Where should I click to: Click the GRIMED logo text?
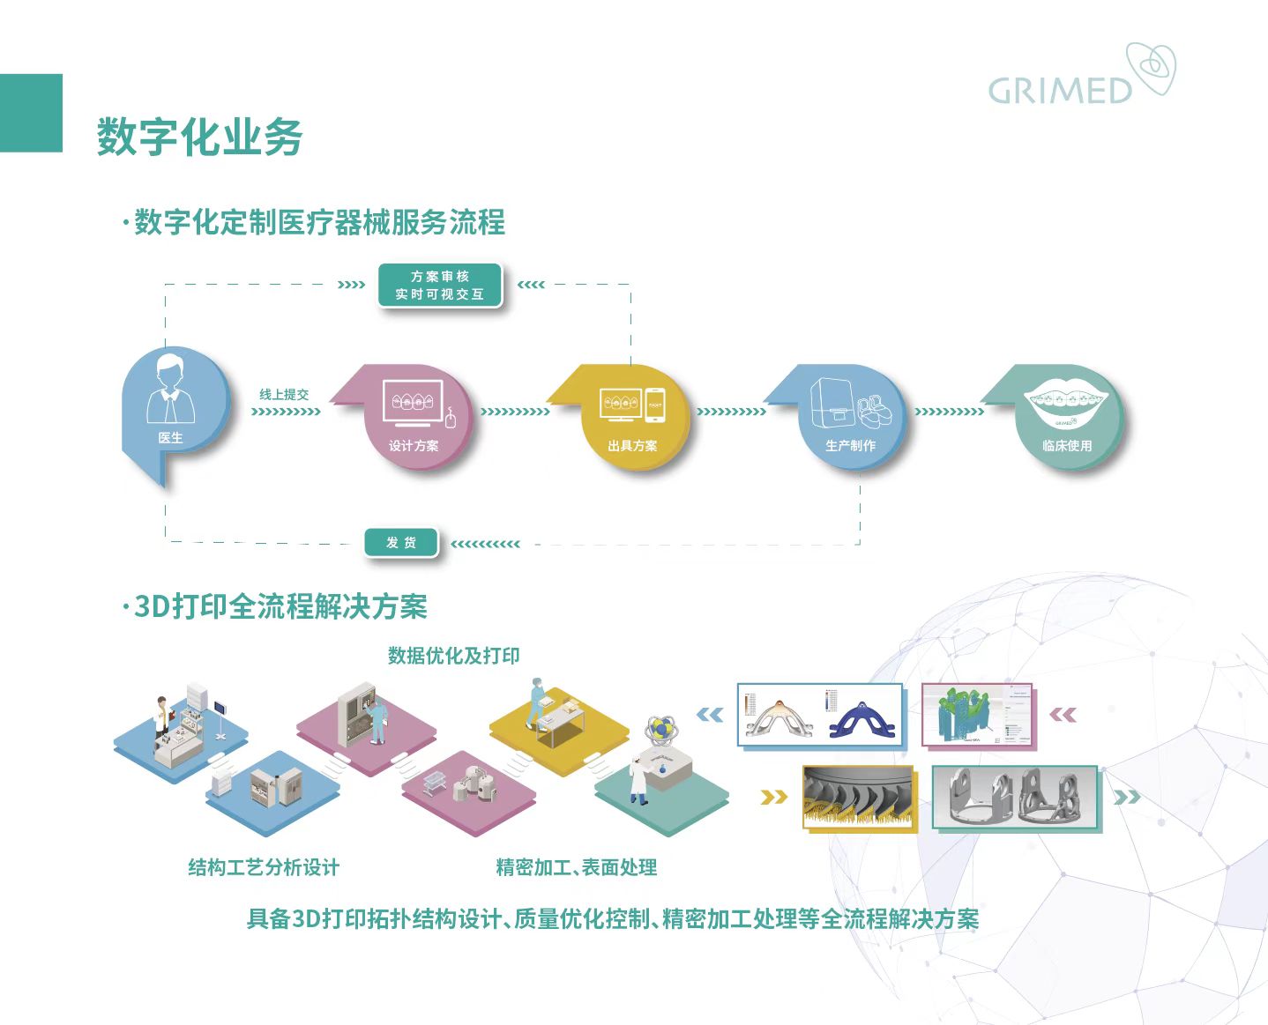[x=1059, y=91]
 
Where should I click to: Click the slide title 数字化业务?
[x=199, y=137]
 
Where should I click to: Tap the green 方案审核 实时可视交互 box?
[x=440, y=286]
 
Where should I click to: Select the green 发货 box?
[x=401, y=543]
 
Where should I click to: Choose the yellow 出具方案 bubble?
[x=633, y=417]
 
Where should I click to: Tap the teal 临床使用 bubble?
[x=1067, y=417]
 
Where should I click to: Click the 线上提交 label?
[x=284, y=394]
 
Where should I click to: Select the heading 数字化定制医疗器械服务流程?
[x=319, y=222]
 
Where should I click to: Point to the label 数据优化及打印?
[x=453, y=656]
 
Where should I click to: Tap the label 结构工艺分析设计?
[x=264, y=867]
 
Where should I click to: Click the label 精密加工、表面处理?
[x=576, y=867]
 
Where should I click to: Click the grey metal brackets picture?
[x=1015, y=798]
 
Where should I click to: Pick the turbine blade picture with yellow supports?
[x=859, y=798]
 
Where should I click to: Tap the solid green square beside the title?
[x=31, y=113]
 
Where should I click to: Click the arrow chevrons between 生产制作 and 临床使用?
[x=949, y=412]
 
